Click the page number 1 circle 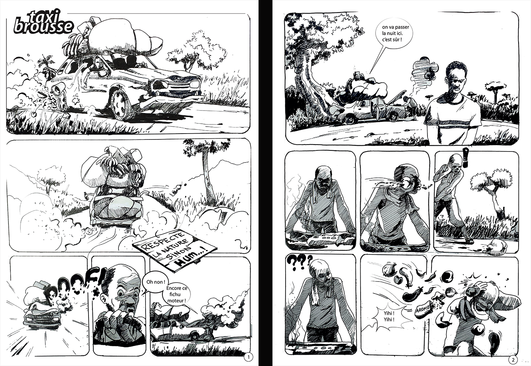tap(248, 357)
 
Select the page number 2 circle tap(513, 360)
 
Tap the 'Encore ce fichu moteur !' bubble tap(176, 295)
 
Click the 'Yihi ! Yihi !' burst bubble tap(389, 317)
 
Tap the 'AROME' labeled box tap(422, 309)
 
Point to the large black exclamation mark tap(466, 157)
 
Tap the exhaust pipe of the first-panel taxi tap(57, 89)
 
